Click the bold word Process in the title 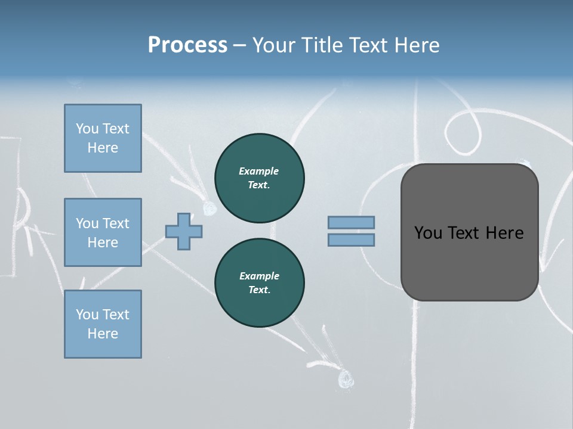tap(187, 45)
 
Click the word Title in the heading tap(322, 45)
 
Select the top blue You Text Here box tap(103, 138)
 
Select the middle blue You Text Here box tap(103, 232)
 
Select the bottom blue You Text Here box tap(103, 324)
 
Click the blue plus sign tap(184, 231)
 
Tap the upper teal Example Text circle tap(259, 178)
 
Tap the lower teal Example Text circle tap(259, 283)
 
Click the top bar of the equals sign tap(351, 222)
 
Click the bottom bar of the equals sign tap(351, 240)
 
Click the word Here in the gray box tap(504, 233)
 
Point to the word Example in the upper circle tap(259, 171)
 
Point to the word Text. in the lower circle tap(259, 290)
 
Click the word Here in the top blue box tap(103, 148)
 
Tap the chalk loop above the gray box tap(464, 130)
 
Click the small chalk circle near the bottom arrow tap(345, 378)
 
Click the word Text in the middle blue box tap(116, 223)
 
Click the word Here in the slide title tap(417, 45)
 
